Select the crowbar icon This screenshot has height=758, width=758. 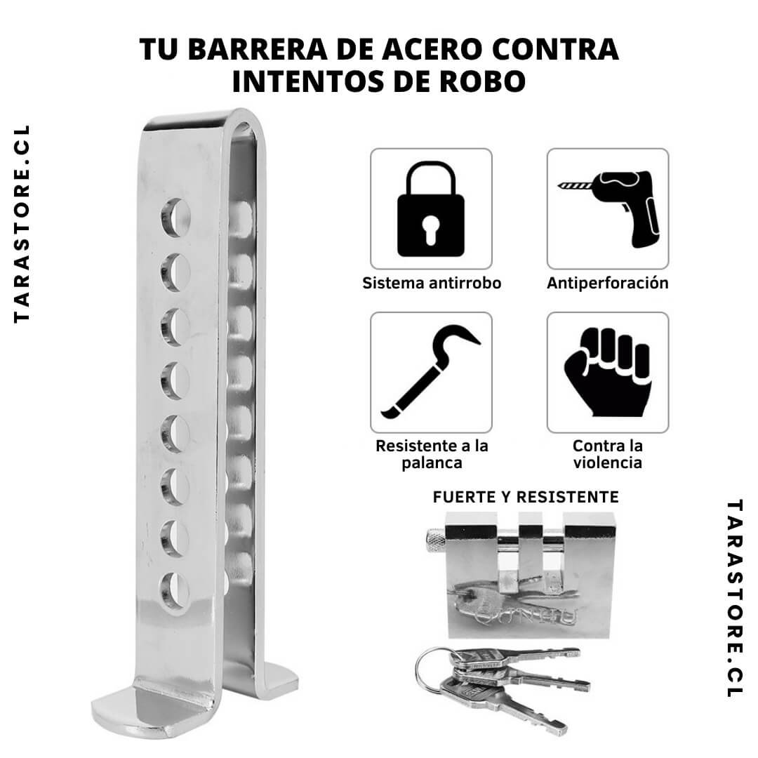pos(431,371)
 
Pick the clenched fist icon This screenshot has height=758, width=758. pos(608,371)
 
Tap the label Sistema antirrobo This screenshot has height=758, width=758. pos(431,284)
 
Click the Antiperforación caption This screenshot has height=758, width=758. pos(608,284)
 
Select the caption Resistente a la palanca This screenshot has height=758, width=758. pos(431,454)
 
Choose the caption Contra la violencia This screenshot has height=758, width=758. pos(608,454)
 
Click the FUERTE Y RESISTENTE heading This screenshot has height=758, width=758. pos(526,497)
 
